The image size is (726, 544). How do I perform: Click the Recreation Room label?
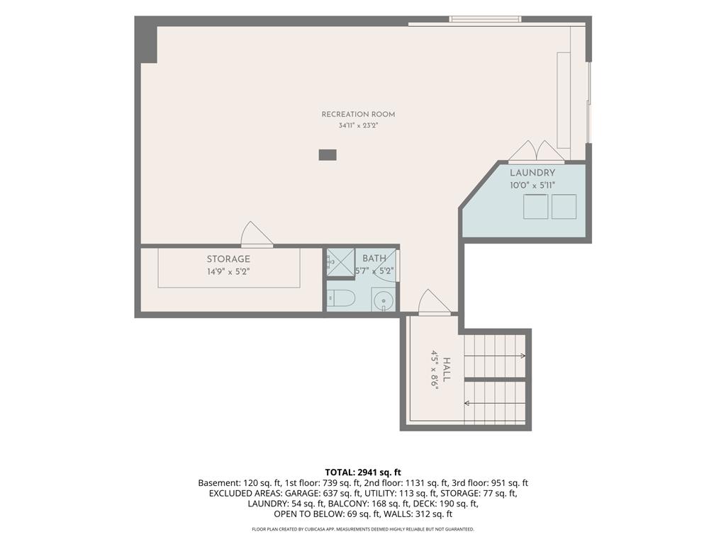(x=358, y=114)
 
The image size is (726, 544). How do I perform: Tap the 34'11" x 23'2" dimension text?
(x=358, y=125)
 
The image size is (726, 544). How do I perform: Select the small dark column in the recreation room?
(x=328, y=155)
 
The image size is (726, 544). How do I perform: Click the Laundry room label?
(x=532, y=173)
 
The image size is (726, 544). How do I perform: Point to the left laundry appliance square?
(x=536, y=206)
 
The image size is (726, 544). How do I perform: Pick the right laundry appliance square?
(x=564, y=206)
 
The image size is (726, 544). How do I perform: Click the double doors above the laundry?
(x=537, y=152)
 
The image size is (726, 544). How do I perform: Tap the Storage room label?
(x=228, y=259)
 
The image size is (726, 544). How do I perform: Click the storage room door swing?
(x=257, y=234)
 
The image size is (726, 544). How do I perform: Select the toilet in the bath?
(x=341, y=298)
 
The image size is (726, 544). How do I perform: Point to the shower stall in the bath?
(x=341, y=262)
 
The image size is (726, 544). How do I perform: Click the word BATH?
(x=374, y=259)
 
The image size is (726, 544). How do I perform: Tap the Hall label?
(x=447, y=370)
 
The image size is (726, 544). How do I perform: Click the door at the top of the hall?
(x=435, y=302)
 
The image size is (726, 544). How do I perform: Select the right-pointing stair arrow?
(x=495, y=356)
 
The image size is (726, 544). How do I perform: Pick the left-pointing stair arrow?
(x=495, y=403)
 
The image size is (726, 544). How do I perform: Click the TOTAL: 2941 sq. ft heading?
(x=363, y=472)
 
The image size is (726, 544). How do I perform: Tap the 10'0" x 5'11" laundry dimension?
(x=532, y=186)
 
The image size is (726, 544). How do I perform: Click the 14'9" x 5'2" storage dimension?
(x=228, y=271)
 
